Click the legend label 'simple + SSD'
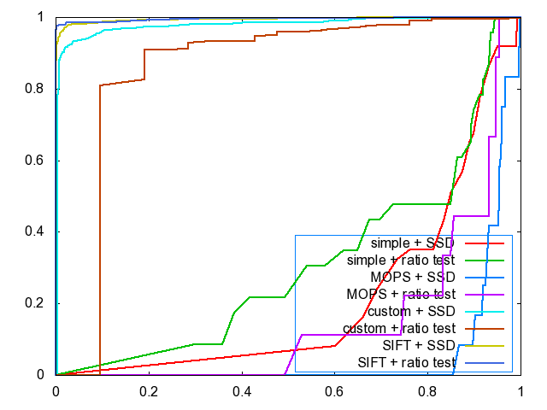[412, 243]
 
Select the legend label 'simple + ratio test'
[400, 260]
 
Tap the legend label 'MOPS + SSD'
[412, 277]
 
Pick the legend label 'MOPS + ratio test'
[400, 294]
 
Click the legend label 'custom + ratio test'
[398, 328]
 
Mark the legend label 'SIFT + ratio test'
[406, 362]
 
